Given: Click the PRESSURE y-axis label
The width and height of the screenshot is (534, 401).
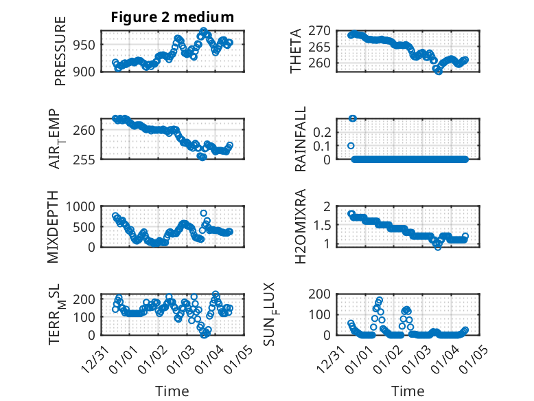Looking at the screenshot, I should click(x=60, y=56).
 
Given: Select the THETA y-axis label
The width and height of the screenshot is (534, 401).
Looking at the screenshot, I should click(x=296, y=50).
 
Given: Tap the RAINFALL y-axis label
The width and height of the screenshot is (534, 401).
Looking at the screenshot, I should click(x=301, y=140).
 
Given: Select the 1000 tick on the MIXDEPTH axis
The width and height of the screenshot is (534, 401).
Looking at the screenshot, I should click(x=85, y=206).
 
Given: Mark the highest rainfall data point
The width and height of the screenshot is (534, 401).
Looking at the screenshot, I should click(x=353, y=118).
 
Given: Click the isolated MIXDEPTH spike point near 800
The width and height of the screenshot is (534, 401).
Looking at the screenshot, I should click(x=203, y=213).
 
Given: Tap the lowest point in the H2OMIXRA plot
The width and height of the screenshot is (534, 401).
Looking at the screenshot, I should click(x=437, y=246).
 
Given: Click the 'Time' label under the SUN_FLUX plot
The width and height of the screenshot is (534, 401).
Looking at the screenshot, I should click(x=408, y=391).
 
